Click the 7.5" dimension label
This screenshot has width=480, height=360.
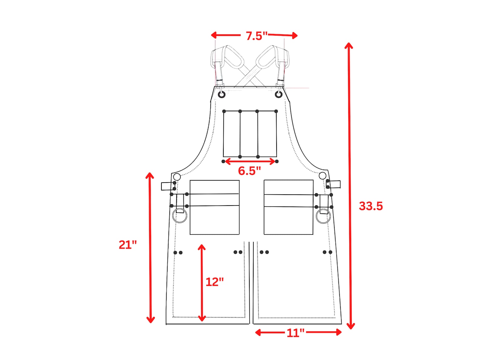[256, 36]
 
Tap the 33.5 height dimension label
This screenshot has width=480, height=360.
[371, 206]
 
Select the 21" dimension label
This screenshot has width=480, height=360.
[128, 245]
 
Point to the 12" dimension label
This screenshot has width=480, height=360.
[215, 282]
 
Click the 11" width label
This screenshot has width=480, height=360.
[295, 333]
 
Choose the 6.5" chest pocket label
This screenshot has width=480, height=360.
[249, 171]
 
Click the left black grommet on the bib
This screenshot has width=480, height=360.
[222, 95]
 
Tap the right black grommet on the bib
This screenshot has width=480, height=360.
[278, 95]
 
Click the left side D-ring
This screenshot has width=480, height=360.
[180, 216]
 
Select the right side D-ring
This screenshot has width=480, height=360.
[323, 216]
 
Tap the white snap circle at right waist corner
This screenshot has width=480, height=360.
[323, 176]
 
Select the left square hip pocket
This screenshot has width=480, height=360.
[215, 207]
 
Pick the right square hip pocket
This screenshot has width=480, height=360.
[288, 207]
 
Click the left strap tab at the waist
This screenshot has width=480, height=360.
[167, 186]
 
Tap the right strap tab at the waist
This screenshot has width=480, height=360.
[335, 184]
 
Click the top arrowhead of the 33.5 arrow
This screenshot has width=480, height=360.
[349, 45]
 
